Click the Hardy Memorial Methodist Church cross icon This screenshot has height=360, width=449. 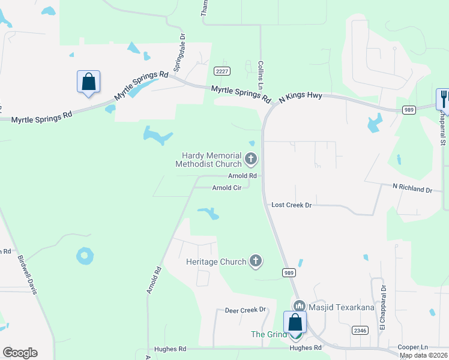251,160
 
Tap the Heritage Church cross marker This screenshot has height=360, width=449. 256,261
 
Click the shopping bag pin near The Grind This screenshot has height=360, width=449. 295,323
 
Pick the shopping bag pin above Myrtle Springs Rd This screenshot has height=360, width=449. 88,82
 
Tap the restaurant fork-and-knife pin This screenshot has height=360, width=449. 443,99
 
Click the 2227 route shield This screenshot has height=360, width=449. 222,71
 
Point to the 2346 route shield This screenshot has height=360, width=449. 360,331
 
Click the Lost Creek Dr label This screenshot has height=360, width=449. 292,205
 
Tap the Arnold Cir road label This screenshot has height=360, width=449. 227,188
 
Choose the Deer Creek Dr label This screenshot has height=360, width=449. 245,310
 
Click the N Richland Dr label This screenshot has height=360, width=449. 412,189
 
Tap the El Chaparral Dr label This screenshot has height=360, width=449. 382,311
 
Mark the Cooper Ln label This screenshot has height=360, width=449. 415,347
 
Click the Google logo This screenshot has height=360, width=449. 20,353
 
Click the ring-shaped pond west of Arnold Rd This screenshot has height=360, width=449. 85,256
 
